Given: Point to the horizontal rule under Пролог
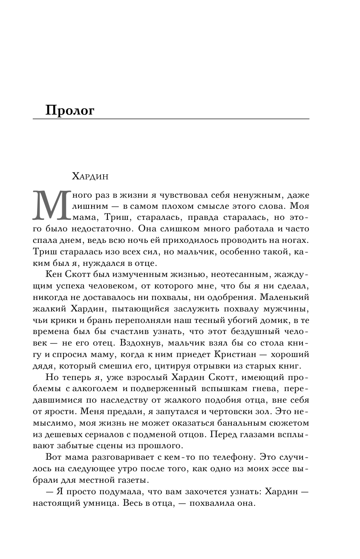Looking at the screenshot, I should point(171,119).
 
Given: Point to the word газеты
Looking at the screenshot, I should point(135,479).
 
